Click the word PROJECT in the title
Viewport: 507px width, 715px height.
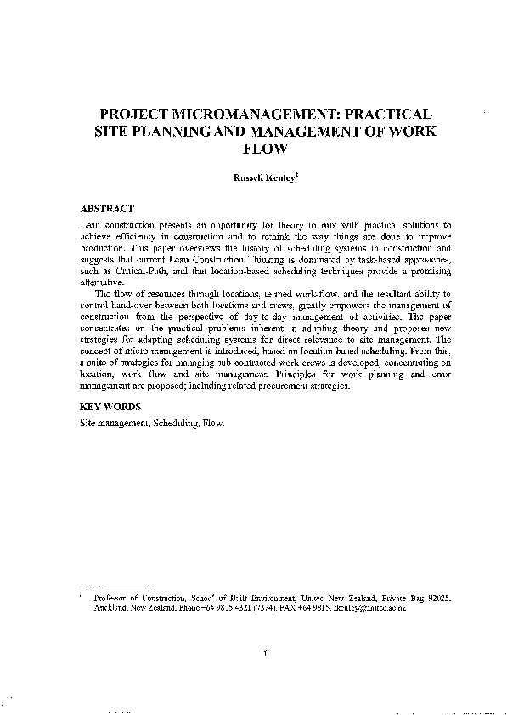[x=136, y=114]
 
